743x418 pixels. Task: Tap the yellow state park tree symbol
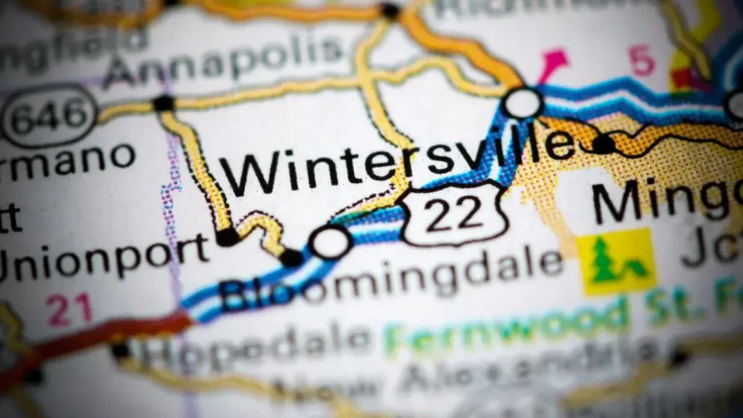(616, 261)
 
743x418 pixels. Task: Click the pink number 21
(69, 309)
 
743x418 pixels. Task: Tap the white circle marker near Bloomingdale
(331, 242)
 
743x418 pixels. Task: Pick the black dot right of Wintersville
(603, 144)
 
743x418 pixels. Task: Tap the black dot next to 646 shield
(163, 103)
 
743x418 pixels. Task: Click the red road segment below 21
(124, 334)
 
